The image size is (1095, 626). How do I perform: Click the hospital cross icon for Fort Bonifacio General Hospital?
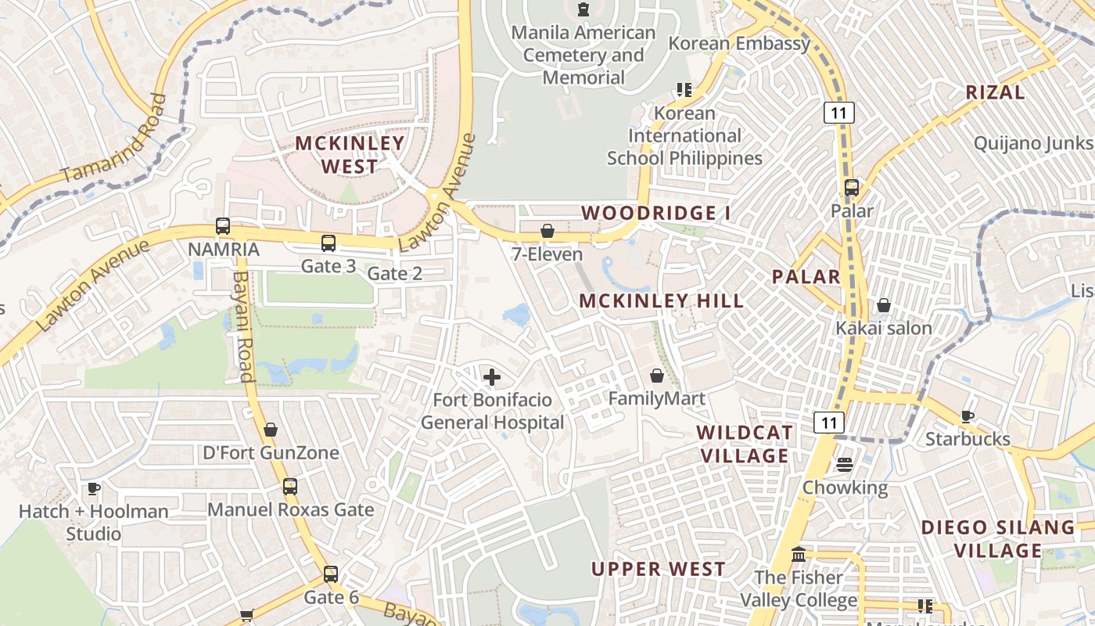(x=491, y=378)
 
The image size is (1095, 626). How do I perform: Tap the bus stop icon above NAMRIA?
(x=223, y=226)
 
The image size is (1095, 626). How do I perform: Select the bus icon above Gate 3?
(x=328, y=243)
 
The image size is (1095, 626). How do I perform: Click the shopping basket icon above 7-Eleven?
(x=547, y=231)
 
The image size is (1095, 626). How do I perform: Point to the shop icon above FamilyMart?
(x=657, y=376)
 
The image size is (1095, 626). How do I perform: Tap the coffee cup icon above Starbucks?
(x=968, y=416)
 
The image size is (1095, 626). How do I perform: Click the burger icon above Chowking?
(x=845, y=465)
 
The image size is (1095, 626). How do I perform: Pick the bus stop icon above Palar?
(x=852, y=188)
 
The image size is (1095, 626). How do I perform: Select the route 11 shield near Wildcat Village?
(x=829, y=423)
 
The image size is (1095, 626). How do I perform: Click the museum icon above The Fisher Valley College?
(x=799, y=555)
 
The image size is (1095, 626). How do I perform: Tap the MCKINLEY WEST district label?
(x=350, y=155)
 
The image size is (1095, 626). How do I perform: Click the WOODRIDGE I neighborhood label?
(x=650, y=213)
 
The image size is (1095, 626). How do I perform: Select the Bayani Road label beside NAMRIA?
(x=245, y=327)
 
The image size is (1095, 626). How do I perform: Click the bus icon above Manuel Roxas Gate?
(x=290, y=486)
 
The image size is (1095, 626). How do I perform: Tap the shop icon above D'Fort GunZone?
(x=271, y=430)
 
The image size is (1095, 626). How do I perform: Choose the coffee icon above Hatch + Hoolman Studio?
(x=94, y=489)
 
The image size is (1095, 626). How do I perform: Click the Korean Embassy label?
(x=739, y=43)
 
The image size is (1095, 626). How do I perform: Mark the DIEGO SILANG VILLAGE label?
(x=998, y=538)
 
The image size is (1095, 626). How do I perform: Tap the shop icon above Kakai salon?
(x=884, y=304)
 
